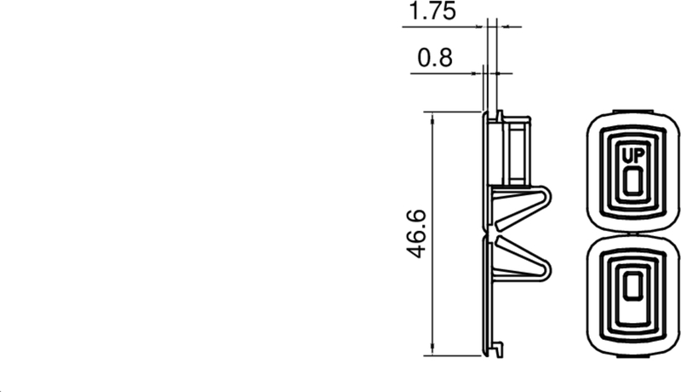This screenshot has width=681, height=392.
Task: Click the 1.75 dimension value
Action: point(432,12)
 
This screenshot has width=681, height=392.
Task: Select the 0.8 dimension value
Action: point(434,59)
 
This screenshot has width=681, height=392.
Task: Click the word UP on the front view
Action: point(632,155)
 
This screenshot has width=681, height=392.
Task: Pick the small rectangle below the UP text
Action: point(632,180)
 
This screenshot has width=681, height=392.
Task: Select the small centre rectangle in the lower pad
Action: point(632,287)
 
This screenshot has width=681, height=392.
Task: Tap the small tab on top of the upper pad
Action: point(634,111)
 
